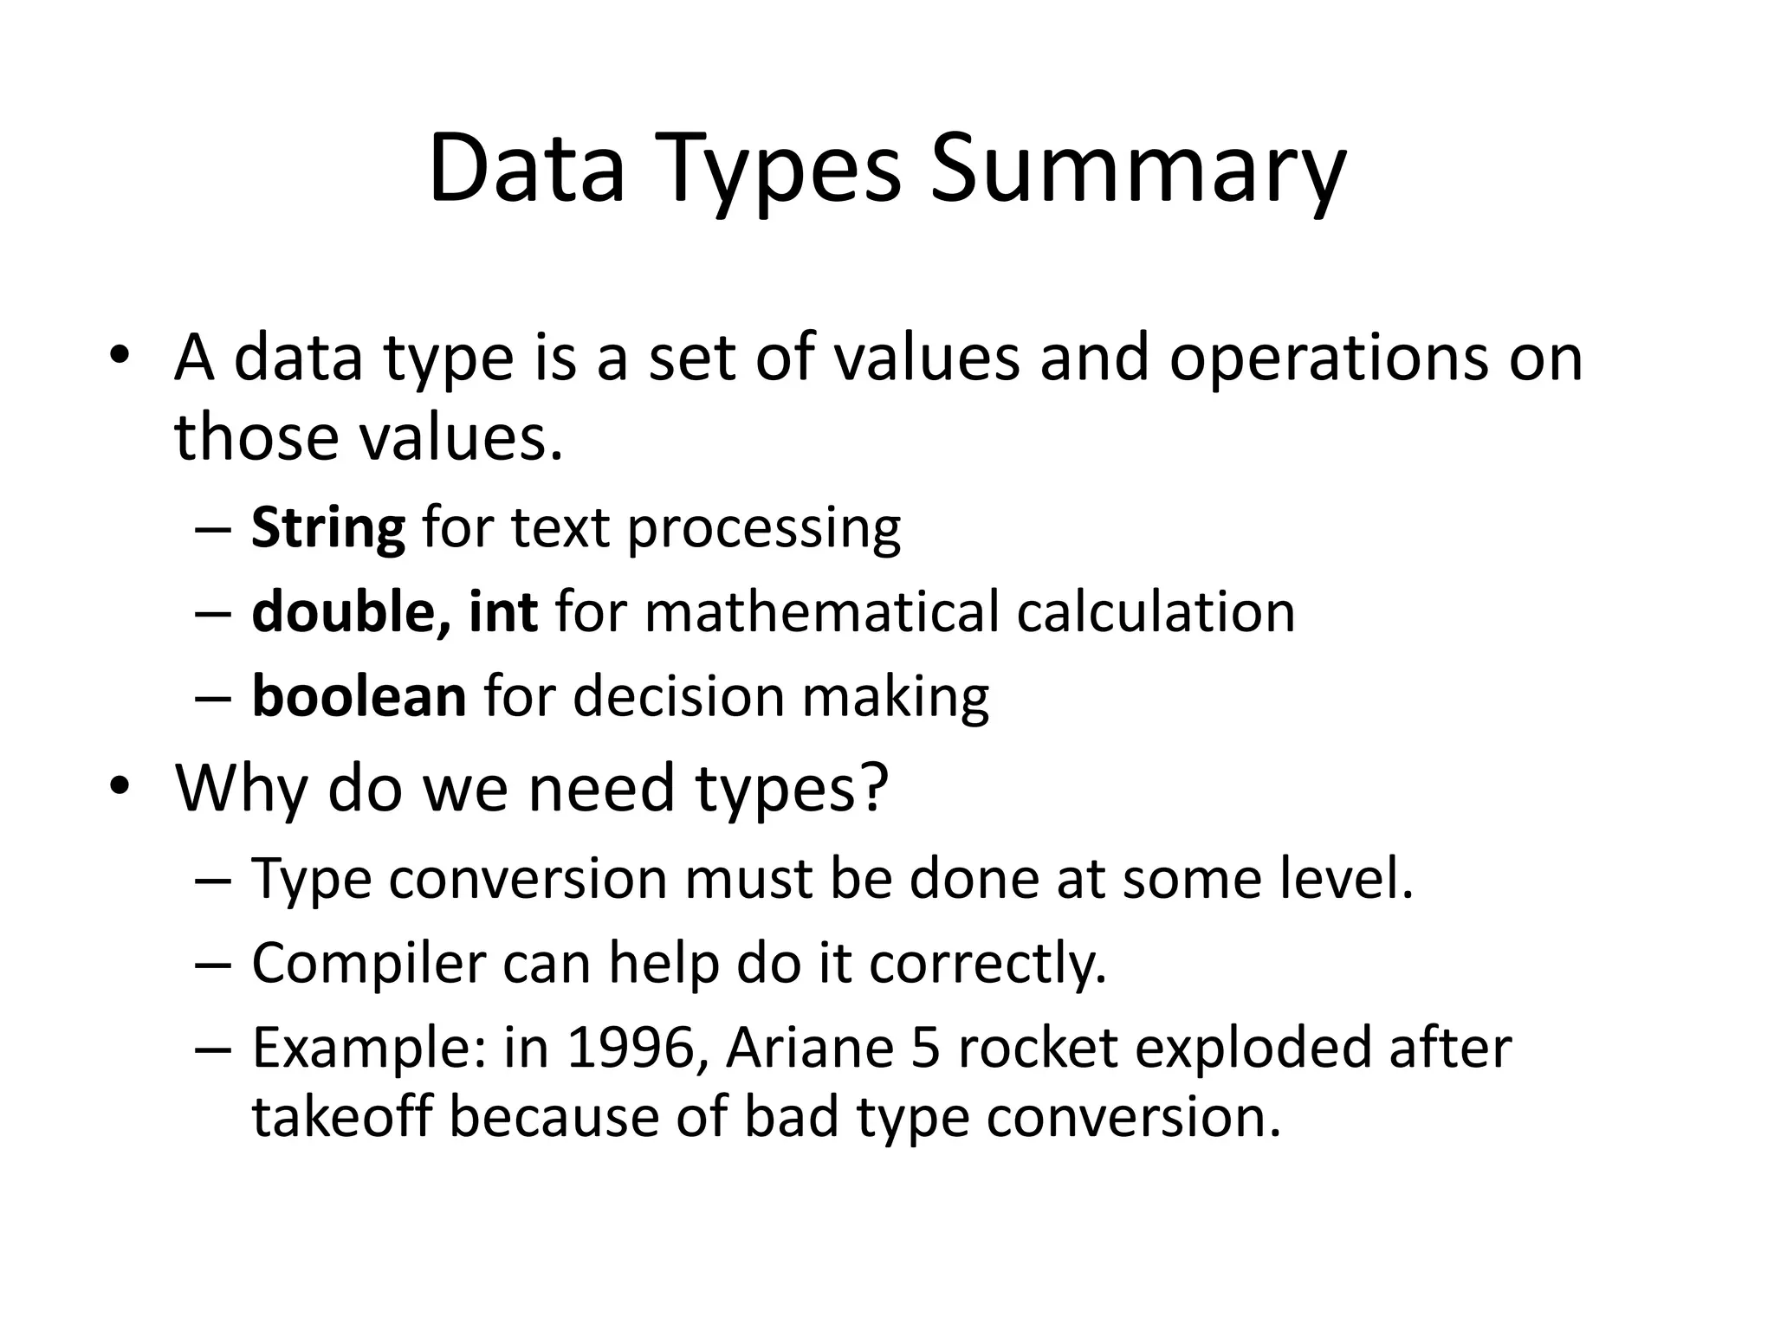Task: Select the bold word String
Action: point(327,528)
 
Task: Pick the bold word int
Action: point(503,612)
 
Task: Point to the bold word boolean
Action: point(359,696)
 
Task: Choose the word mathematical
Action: point(822,612)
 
